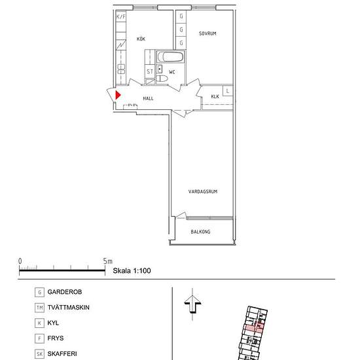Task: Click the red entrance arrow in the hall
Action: (118, 95)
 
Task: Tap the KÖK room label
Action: (141, 39)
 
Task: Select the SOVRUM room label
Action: (207, 33)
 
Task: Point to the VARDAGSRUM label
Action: (203, 192)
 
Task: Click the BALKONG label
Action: (200, 232)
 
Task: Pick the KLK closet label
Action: (215, 96)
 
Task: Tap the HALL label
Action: (148, 98)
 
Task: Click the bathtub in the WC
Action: (170, 57)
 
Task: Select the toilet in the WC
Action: (162, 79)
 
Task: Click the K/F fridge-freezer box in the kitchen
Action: (121, 16)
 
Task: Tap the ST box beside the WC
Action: (150, 71)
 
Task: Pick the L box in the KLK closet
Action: (228, 91)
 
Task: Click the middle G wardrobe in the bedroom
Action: (181, 29)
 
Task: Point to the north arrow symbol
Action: (192, 304)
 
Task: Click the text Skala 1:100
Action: (132, 271)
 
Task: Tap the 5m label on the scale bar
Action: (108, 261)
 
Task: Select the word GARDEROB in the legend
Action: (65, 292)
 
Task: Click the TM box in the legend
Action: (39, 308)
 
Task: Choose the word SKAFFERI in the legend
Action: (62, 354)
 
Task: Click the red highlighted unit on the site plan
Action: (254, 328)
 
